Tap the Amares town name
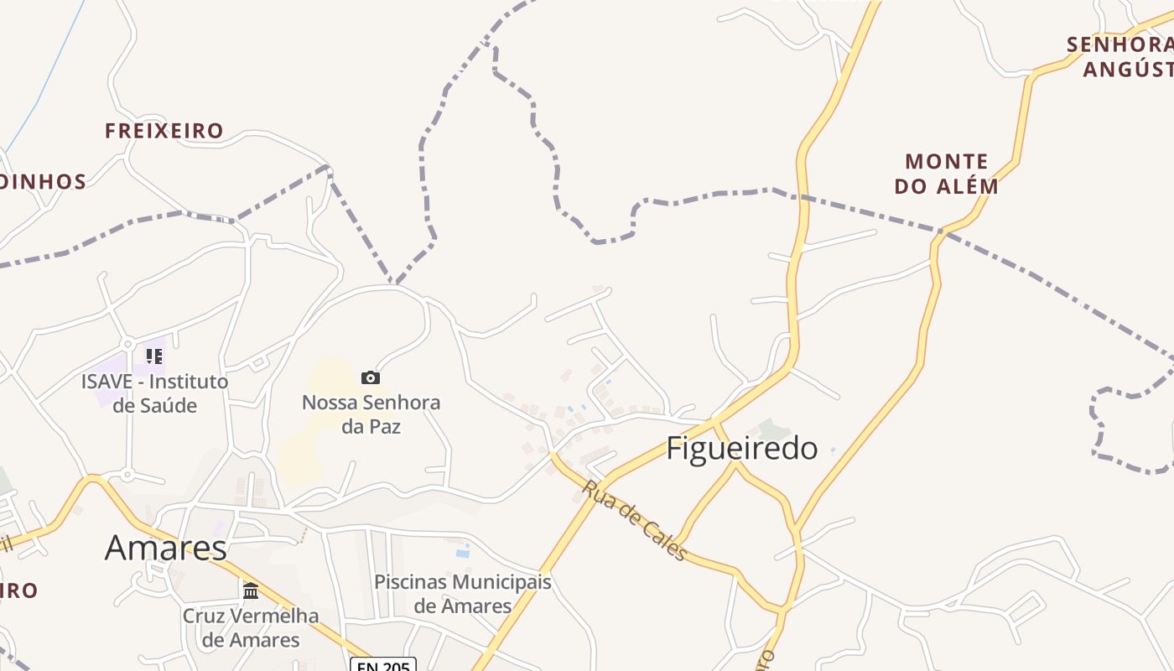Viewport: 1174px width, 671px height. [165, 548]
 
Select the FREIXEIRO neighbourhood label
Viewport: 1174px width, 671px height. [164, 131]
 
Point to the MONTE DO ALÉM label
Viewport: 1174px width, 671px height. [947, 174]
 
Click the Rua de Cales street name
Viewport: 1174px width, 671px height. [636, 519]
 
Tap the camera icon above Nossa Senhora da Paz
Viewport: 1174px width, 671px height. [371, 377]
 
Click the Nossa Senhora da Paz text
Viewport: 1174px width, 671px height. [371, 414]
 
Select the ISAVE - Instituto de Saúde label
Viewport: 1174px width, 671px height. [154, 393]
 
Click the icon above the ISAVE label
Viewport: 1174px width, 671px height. [154, 356]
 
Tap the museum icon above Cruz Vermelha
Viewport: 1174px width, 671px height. [251, 590]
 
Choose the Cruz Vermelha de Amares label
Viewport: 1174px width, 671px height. [251, 627]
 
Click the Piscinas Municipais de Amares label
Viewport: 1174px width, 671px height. [463, 593]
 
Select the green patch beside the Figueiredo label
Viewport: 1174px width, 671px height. [772, 429]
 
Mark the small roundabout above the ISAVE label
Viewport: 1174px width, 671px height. [127, 344]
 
